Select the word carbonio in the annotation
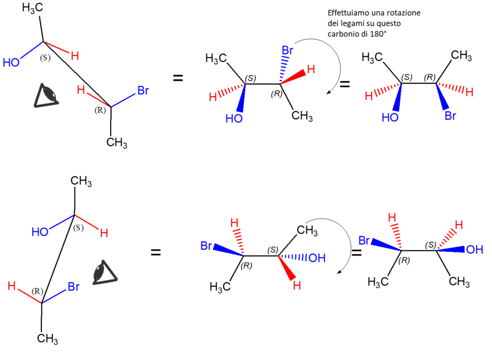[342, 34]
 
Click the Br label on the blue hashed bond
[288, 50]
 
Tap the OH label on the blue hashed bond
[316, 258]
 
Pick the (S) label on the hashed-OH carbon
[273, 249]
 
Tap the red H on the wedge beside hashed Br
[311, 70]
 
